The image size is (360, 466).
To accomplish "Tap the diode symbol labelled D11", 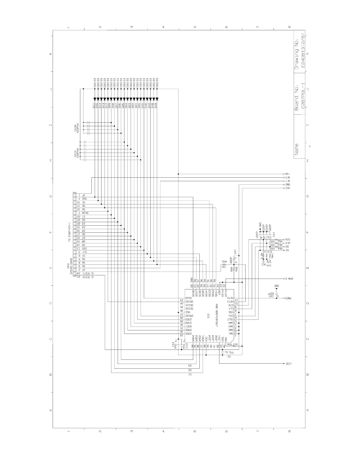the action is pyautogui.click(x=95, y=99).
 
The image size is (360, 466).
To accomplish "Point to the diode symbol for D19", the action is pyautogui.click(x=157, y=99).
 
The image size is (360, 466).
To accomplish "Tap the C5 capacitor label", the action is pyautogui.click(x=229, y=356).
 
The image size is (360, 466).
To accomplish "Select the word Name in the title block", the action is pyautogui.click(x=296, y=149).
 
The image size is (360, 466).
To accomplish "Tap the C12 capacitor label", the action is pyautogui.click(x=174, y=344).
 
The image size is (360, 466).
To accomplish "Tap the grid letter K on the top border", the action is pyautogui.click(x=51, y=54).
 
